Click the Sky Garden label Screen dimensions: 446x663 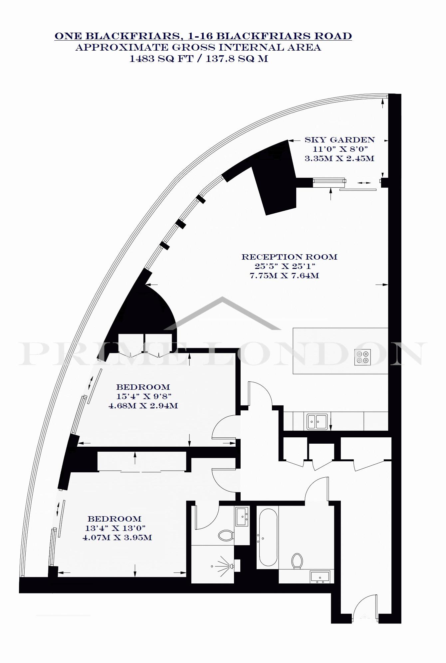[x=340, y=140]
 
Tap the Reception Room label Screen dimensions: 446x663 [x=289, y=257]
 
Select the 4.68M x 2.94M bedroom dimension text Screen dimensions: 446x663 [x=143, y=406]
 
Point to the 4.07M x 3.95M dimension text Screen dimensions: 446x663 [x=117, y=538]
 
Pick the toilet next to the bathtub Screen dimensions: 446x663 [x=297, y=561]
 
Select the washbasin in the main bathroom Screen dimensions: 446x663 [x=320, y=576]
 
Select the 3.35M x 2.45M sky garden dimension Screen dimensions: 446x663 [x=339, y=158]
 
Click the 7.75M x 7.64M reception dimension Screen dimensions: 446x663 [x=284, y=276]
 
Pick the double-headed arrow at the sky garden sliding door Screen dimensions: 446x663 [x=364, y=183]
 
